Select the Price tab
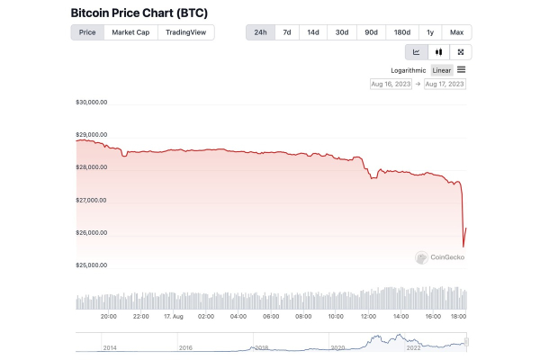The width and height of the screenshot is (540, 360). click(87, 32)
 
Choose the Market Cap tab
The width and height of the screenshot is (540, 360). click(130, 32)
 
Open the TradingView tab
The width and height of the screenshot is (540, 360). click(185, 32)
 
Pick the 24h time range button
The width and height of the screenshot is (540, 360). click(260, 32)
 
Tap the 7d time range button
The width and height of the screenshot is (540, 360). click(287, 32)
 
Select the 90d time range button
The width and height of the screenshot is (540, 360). click(370, 32)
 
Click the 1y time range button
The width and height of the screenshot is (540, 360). click(429, 32)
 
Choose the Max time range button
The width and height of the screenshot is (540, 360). click(457, 32)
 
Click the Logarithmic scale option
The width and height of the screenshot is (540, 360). click(408, 69)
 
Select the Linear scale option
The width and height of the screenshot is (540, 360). click(442, 69)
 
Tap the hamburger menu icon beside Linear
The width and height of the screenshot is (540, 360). click(462, 69)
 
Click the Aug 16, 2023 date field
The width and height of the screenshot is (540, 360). click(391, 84)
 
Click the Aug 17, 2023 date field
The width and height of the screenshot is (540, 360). click(445, 84)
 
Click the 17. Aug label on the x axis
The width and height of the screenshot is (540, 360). click(174, 316)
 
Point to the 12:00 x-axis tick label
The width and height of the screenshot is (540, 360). click(368, 316)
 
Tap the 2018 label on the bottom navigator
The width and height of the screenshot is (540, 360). click(261, 346)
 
